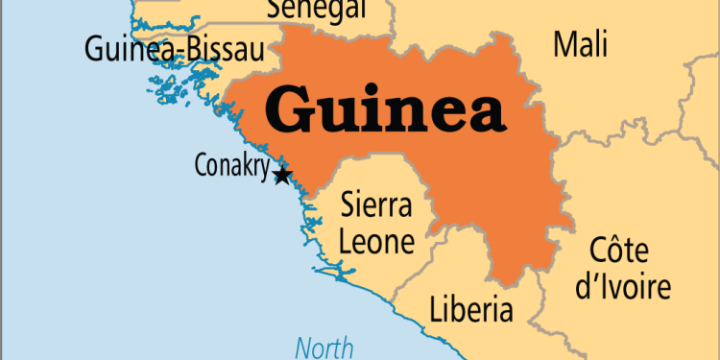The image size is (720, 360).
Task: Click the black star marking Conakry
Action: [x=282, y=176]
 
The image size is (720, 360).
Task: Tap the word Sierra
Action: [x=377, y=205]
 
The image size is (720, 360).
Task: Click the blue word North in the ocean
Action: [x=324, y=348]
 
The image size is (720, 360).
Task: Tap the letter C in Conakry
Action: [x=201, y=165]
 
